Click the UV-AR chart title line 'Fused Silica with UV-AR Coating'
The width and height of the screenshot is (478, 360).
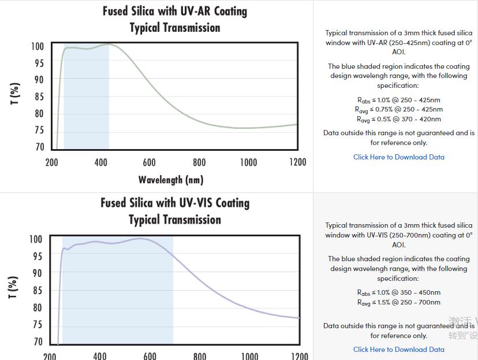(174, 11)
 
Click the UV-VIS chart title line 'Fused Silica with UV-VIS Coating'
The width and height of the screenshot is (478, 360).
(175, 203)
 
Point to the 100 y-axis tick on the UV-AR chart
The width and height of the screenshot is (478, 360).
(38, 46)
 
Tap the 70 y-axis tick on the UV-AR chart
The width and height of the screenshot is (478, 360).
(39, 147)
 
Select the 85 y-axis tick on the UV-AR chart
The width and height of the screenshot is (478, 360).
(39, 97)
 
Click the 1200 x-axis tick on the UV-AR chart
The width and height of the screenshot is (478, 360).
(297, 162)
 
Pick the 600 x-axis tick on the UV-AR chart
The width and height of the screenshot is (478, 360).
(149, 162)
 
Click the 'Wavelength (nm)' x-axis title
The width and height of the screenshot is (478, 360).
(171, 180)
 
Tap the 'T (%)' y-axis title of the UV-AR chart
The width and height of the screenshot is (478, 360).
(16, 94)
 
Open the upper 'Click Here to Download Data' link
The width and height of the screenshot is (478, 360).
(398, 157)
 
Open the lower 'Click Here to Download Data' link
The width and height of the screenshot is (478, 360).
(398, 350)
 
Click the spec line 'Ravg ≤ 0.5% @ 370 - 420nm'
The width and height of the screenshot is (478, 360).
(398, 120)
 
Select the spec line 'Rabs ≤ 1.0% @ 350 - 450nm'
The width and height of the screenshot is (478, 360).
(398, 292)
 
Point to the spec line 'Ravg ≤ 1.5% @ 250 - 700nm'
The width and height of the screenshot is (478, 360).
(398, 302)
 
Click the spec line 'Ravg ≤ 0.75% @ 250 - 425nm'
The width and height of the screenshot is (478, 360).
(398, 109)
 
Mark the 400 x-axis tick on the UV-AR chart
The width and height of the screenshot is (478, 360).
(100, 162)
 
